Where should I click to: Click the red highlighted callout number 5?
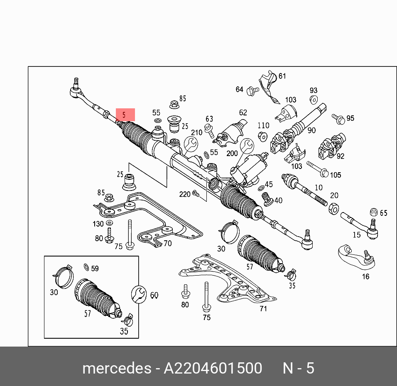click(x=125, y=115)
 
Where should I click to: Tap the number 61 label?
click(x=282, y=76)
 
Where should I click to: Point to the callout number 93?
click(x=313, y=90)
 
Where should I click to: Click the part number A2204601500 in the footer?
click(x=213, y=368)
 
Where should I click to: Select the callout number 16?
click(x=365, y=276)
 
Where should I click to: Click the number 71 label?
click(x=263, y=308)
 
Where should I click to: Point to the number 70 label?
click(x=167, y=244)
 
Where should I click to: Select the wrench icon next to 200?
click(x=246, y=146)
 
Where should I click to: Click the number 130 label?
click(x=98, y=224)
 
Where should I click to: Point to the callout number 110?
click(x=263, y=125)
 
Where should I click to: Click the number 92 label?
click(x=341, y=156)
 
